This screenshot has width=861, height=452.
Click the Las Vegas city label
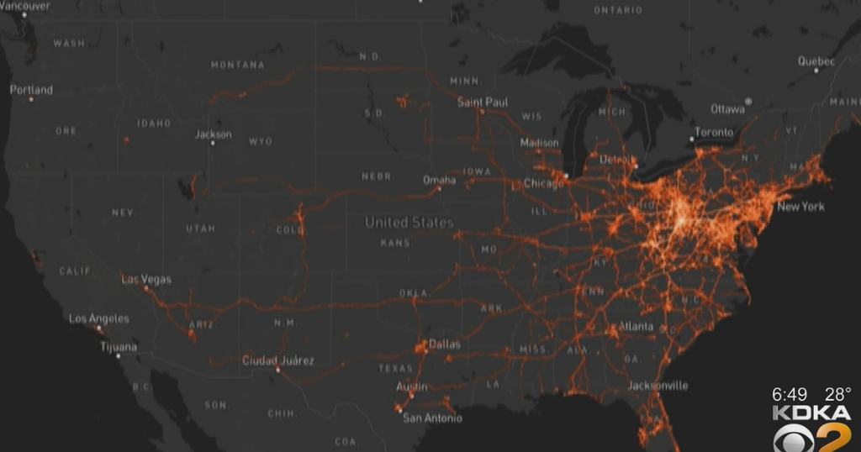[146, 279]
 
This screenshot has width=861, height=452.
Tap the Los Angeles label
[99, 318]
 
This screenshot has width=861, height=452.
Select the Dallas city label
[445, 344]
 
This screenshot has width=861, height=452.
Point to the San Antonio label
[432, 418]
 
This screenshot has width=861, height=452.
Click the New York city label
[800, 207]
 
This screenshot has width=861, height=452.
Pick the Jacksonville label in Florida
[658, 386]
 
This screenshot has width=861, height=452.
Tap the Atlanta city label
[636, 326]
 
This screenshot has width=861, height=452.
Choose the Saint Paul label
[483, 102]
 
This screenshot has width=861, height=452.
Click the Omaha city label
[439, 180]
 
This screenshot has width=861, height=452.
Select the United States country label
[409, 223]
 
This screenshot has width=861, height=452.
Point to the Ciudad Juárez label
[277, 360]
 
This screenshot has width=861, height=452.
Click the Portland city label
[31, 90]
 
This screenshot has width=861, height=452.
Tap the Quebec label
[816, 61]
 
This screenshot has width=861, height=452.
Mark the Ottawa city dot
[748, 102]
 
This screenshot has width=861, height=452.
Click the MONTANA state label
[237, 65]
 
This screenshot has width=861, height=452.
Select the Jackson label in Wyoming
[214, 134]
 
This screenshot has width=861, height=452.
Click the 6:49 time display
[790, 393]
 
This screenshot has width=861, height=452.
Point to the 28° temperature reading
[837, 393]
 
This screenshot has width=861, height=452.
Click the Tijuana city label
[119, 346]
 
